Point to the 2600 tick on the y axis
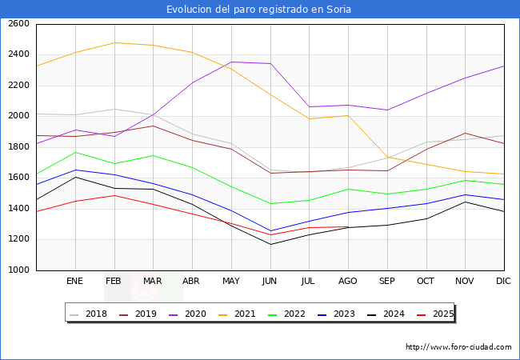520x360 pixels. click(x=19, y=24)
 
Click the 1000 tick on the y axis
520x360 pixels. click(x=19, y=270)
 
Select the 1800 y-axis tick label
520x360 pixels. click(x=19, y=147)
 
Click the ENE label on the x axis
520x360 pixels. click(x=74, y=282)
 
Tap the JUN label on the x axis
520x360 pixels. click(x=270, y=282)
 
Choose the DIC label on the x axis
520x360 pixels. click(x=503, y=282)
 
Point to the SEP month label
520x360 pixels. click(x=386, y=282)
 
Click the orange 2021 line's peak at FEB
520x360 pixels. click(x=114, y=42)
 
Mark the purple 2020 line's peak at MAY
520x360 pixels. click(x=230, y=62)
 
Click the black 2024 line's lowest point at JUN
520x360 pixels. click(x=270, y=244)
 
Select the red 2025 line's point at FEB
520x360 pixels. click(x=114, y=195)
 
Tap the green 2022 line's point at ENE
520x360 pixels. click(x=74, y=152)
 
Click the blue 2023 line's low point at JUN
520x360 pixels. click(x=270, y=231)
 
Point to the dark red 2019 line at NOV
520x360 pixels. click(x=465, y=134)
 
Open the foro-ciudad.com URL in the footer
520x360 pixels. click(x=458, y=347)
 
